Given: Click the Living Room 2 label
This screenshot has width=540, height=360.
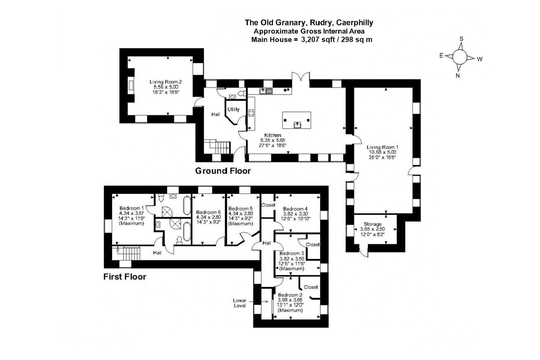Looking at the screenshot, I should coord(166,82).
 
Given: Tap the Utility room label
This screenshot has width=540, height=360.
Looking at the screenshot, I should coord(233,109).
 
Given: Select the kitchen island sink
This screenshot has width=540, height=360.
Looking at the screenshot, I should coord(297,125).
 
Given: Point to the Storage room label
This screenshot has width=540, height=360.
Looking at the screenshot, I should coord(372,224).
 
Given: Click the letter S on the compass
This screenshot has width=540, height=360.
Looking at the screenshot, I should coord(461,39).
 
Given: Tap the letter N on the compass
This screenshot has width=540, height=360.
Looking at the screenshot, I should coord(458,76).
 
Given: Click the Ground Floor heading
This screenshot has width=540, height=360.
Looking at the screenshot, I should coord(223,171).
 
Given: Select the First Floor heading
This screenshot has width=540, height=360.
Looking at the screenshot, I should coord(125,277).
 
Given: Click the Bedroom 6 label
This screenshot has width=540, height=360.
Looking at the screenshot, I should coord(208,212).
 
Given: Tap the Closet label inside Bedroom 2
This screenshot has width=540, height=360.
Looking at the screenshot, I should coord(311,287).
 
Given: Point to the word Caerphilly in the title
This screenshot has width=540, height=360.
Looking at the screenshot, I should coord(355,23).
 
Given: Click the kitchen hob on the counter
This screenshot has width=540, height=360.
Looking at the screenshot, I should coord(251,113).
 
